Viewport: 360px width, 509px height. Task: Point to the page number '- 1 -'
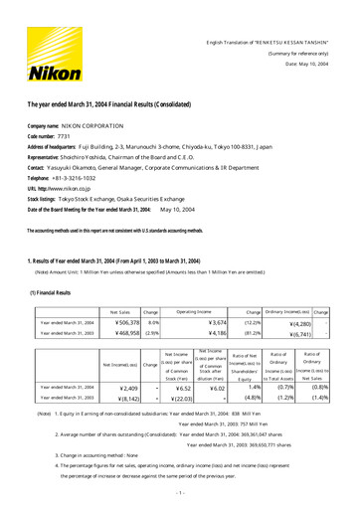tap(181, 493)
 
